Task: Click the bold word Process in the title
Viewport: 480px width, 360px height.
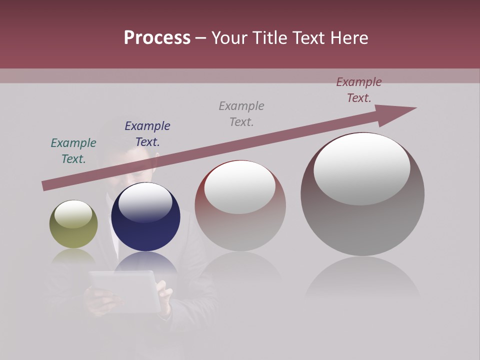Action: (157, 38)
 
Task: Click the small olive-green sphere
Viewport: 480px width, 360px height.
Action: (73, 232)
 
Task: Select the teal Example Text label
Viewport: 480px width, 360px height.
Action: (73, 151)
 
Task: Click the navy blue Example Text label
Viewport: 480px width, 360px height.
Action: (147, 134)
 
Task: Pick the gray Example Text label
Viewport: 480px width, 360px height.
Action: (241, 114)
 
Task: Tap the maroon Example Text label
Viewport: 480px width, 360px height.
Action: (359, 90)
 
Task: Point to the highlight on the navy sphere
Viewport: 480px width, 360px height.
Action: (145, 202)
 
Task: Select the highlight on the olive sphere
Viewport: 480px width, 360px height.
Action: (73, 213)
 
